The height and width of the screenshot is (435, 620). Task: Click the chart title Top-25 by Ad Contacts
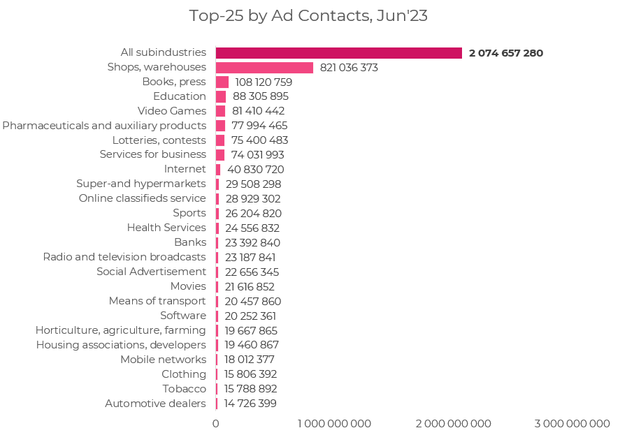pos(308,16)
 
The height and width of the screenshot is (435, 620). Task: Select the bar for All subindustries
pos(339,53)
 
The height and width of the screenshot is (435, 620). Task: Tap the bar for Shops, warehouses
pos(264,68)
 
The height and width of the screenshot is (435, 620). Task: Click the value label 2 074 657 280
pos(506,53)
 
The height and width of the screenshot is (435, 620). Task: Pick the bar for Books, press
pos(222,82)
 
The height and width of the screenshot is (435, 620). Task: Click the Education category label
pos(180,96)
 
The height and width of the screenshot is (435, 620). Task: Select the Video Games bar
pos(220,111)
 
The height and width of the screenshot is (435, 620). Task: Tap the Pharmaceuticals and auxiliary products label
pos(104,126)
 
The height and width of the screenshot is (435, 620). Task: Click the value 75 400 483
pos(259,140)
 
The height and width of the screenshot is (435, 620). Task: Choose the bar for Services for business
pos(220,155)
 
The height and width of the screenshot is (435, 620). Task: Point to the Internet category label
pos(185,169)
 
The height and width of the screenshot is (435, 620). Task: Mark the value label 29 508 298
pos(254,184)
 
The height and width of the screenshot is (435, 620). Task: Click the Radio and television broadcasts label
pos(124,257)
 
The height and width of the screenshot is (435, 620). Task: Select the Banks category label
pos(190,242)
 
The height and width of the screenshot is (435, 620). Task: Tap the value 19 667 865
pos(252,330)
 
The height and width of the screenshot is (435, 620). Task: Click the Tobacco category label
pos(185,389)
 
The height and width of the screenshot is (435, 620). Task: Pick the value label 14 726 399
pos(250,404)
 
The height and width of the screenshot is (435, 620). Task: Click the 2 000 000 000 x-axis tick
pos(454,424)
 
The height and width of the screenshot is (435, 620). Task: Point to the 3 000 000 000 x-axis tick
pos(572,424)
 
